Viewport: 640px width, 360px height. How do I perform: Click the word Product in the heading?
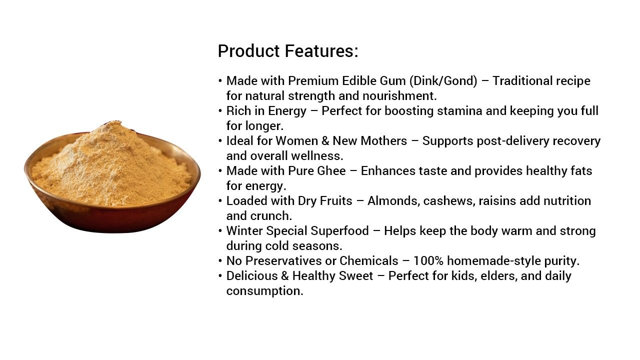[x=248, y=51]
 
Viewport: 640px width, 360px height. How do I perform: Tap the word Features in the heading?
[x=321, y=51]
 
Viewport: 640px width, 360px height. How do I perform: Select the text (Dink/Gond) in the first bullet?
[x=443, y=81]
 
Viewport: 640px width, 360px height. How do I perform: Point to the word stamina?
[x=459, y=111]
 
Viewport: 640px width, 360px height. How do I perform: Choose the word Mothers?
[x=383, y=141]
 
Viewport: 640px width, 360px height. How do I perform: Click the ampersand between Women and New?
[x=325, y=141]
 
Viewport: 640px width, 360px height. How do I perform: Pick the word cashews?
[x=449, y=201]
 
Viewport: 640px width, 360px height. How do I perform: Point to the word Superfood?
[x=339, y=231]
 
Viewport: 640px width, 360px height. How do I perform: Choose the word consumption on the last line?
[x=264, y=291]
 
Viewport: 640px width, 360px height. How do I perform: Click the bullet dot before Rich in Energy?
[x=220, y=111]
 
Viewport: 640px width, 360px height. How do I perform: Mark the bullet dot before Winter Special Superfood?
[x=220, y=231]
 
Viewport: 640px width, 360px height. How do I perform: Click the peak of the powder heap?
[x=113, y=122]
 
